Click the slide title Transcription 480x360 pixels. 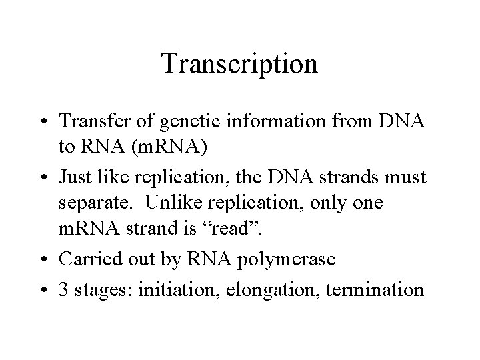click(239, 64)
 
